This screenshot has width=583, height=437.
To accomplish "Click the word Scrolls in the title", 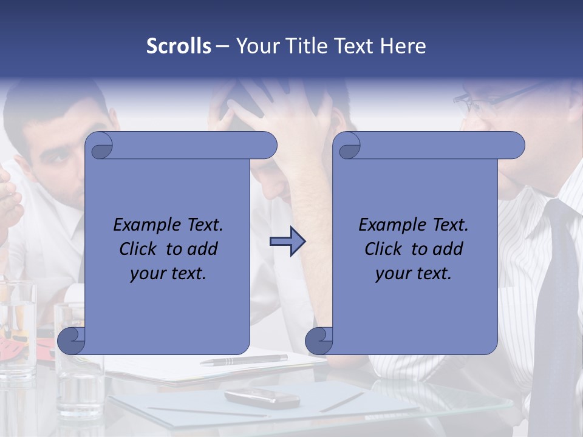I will [x=179, y=46].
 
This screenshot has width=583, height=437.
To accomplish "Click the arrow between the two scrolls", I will [x=287, y=242].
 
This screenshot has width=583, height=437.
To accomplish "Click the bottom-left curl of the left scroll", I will [x=71, y=340].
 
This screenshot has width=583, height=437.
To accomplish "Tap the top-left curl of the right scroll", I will [x=347, y=146].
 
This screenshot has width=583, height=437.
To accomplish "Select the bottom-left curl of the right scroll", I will [x=319, y=340].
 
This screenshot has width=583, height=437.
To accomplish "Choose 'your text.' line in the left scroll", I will [x=168, y=274].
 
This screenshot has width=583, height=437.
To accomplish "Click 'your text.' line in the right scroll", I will [x=414, y=274].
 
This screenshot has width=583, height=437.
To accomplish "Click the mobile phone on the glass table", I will [x=262, y=398].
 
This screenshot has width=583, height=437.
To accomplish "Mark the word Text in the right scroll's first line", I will [x=450, y=225].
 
